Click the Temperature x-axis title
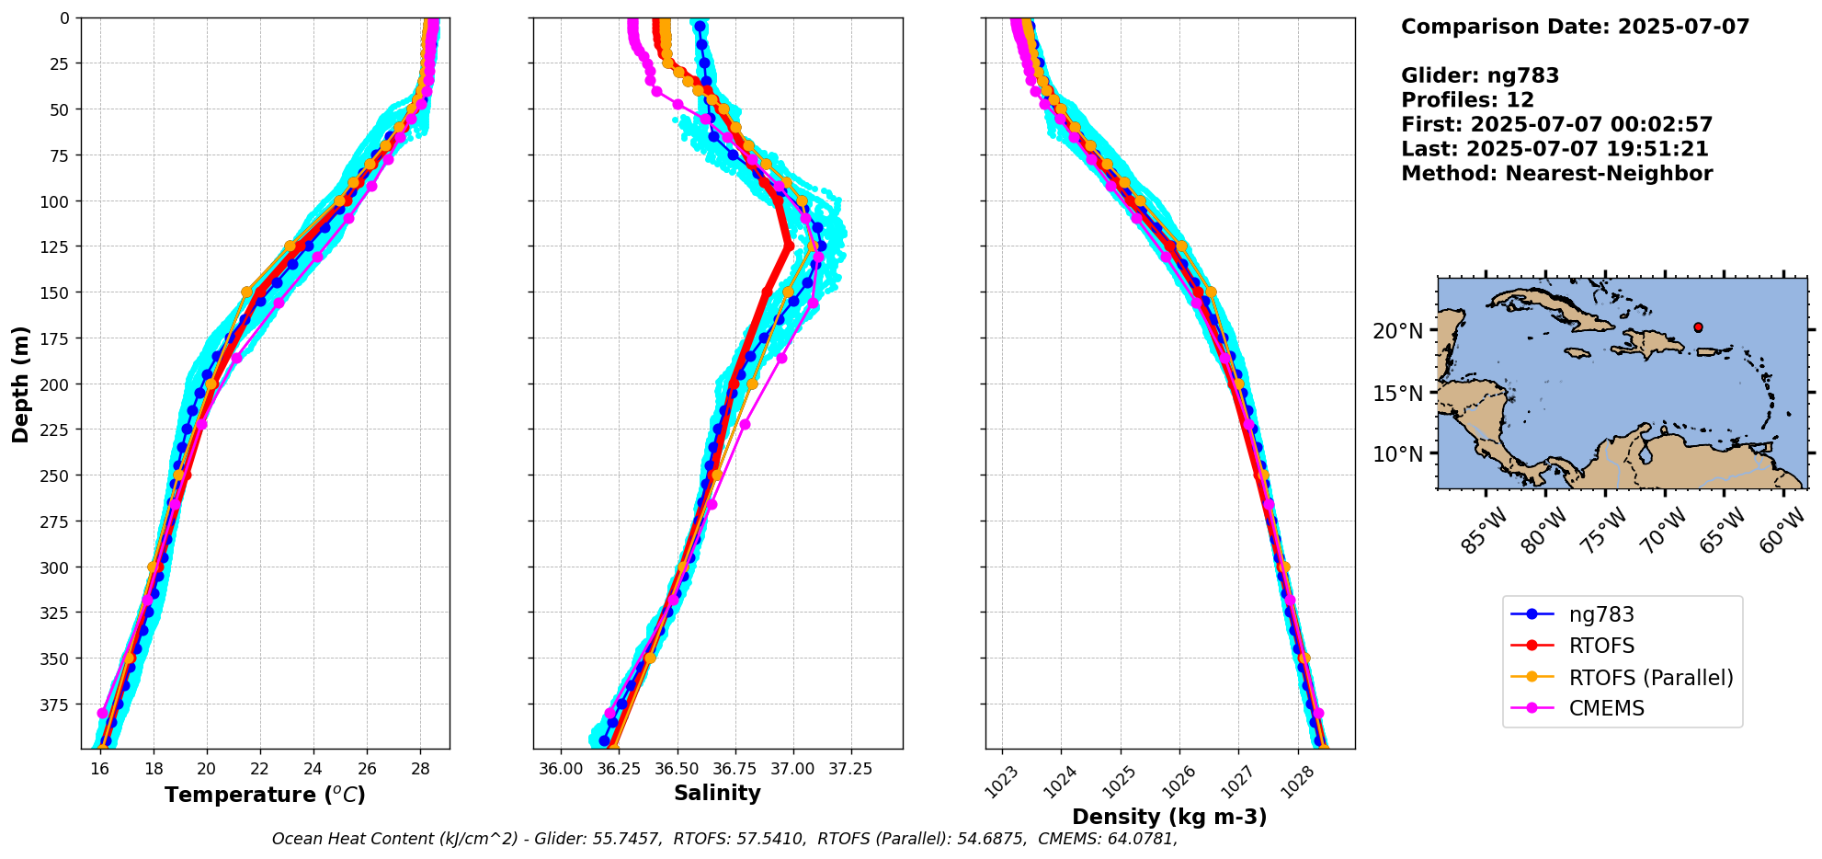[x=265, y=795]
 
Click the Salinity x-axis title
[x=717, y=794]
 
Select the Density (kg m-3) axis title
[x=1169, y=817]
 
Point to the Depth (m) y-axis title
[x=20, y=384]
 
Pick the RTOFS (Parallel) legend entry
[x=1650, y=678]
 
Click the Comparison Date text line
[x=1575, y=27]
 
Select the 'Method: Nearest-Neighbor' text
[x=1556, y=174]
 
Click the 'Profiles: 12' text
[x=1467, y=100]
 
